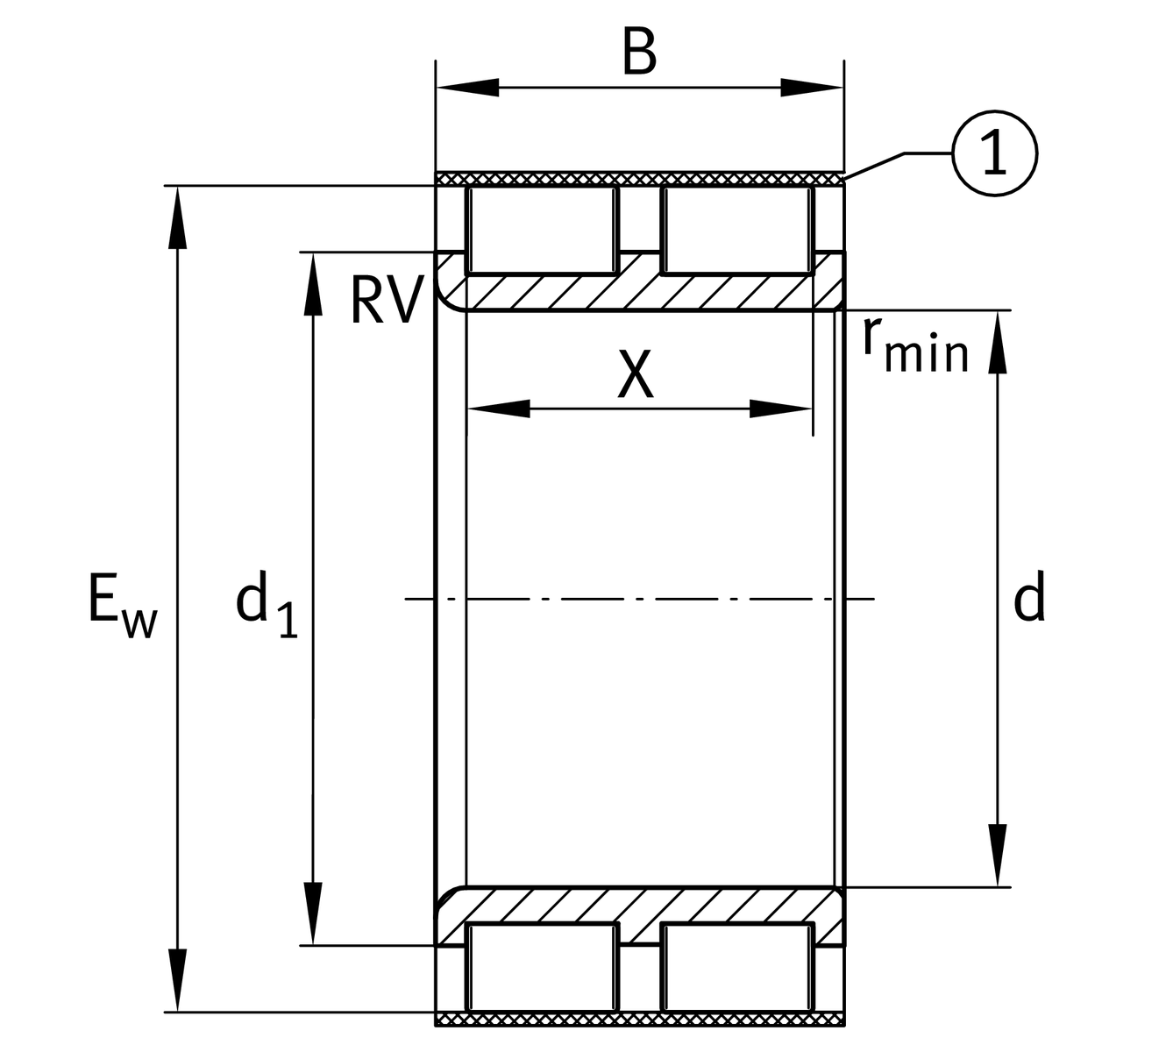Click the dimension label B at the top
pos(639,53)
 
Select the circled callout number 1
pos(993,153)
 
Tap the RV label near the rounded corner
pos(383,301)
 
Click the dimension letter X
pos(636,374)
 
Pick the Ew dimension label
pos(122,605)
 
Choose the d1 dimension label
pos(267,605)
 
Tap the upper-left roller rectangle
pos(542,229)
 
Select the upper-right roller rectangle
pos(736,229)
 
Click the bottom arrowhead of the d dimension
pos(997,856)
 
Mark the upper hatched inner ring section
pos(640,292)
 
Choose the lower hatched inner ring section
pos(640,905)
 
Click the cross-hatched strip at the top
pos(640,179)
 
